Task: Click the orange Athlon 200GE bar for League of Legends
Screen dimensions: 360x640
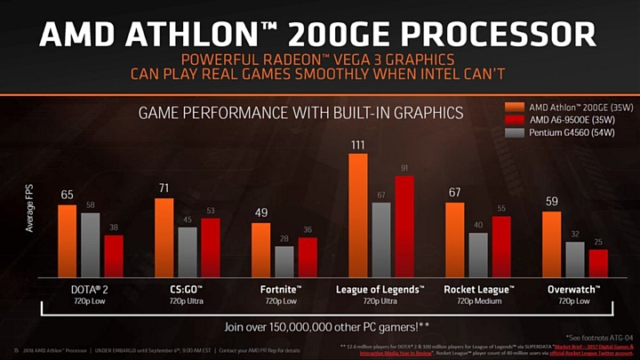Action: [358, 215]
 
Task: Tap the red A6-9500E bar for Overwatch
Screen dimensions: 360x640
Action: [598, 263]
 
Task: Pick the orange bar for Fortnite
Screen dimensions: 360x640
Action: [261, 250]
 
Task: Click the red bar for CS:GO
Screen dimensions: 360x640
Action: [211, 247]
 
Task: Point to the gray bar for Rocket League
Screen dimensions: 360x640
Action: [478, 255]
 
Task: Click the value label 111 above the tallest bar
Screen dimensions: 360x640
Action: [358, 145]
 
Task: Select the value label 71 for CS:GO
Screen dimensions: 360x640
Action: [164, 189]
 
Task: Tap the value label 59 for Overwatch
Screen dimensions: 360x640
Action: [551, 202]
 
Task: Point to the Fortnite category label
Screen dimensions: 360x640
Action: [273, 290]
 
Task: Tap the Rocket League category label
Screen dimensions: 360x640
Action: [479, 290]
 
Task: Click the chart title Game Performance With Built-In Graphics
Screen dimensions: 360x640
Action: [300, 113]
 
